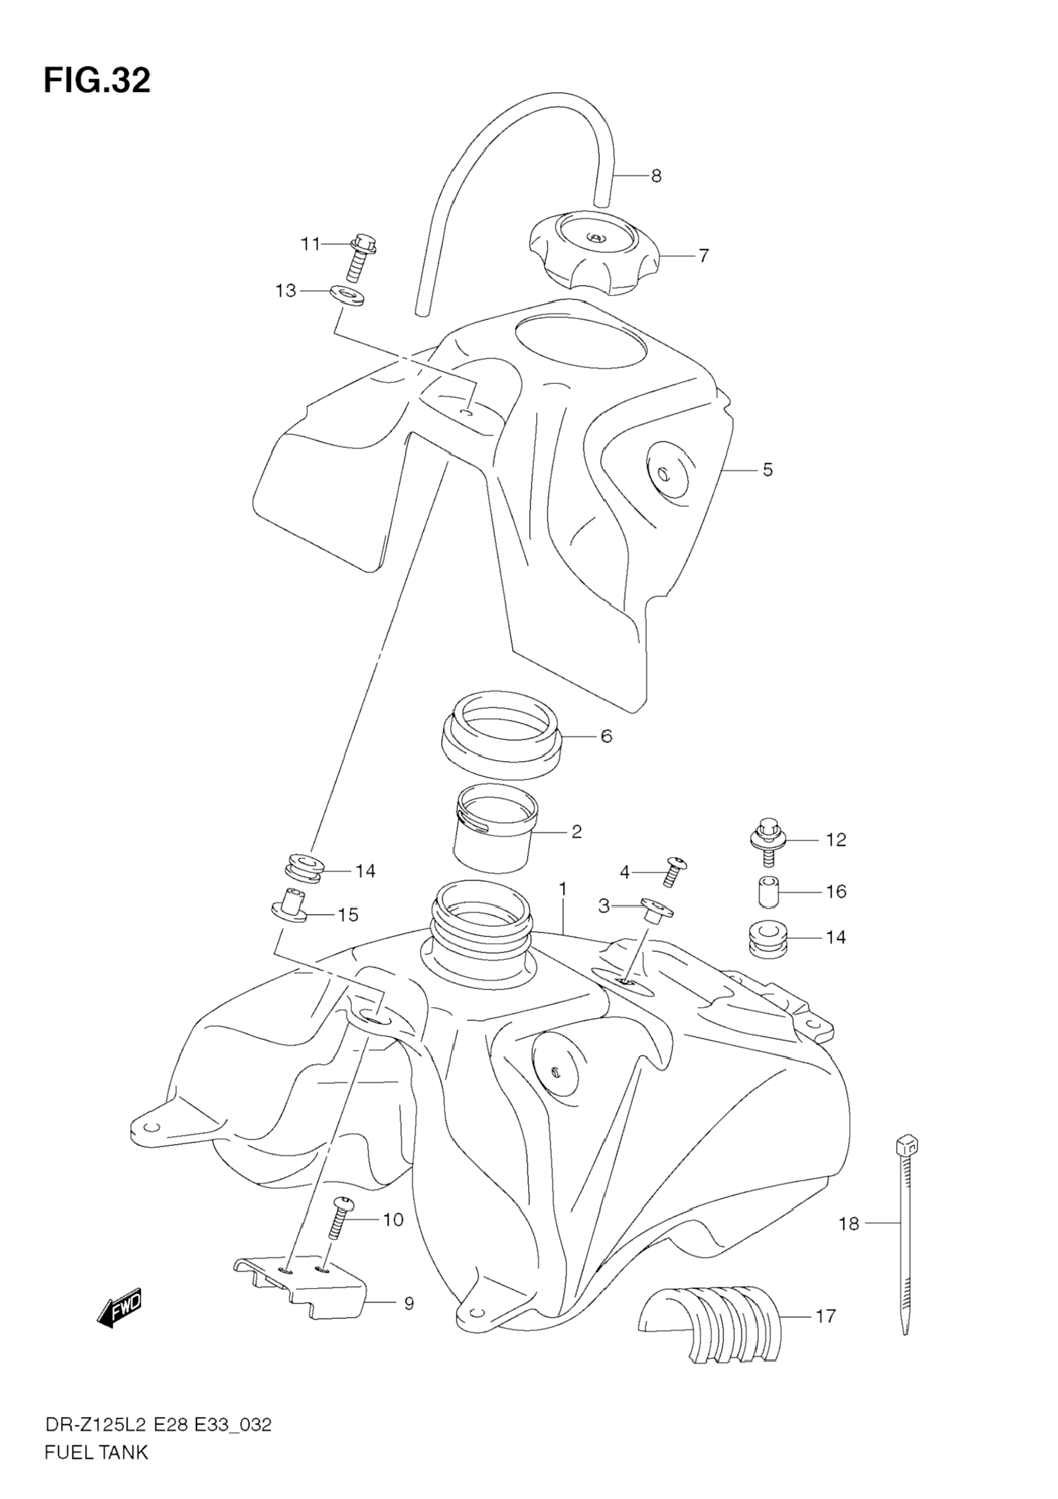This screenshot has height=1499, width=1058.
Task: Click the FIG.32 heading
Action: pos(97,81)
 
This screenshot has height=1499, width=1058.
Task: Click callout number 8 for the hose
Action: pos(656,176)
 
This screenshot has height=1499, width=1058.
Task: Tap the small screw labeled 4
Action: pos(673,871)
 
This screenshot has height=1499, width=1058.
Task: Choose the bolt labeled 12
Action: pos(767,839)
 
